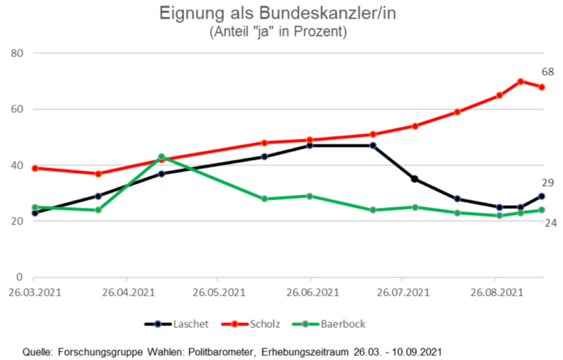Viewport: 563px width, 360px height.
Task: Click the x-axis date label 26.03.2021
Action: point(34,293)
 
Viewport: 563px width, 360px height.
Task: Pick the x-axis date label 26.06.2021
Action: point(310,293)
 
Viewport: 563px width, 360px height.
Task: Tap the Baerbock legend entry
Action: point(336,323)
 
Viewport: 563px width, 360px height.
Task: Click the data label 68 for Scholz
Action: point(547,72)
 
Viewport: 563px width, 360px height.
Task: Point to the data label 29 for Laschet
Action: point(547,183)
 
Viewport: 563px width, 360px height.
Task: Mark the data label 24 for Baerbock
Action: point(547,222)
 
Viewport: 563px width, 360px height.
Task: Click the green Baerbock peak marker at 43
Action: point(161,157)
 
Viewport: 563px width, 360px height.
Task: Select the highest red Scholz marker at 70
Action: point(520,81)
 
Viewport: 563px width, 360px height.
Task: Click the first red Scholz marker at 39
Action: point(34,168)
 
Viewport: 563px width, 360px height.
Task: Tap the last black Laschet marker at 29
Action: point(542,196)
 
